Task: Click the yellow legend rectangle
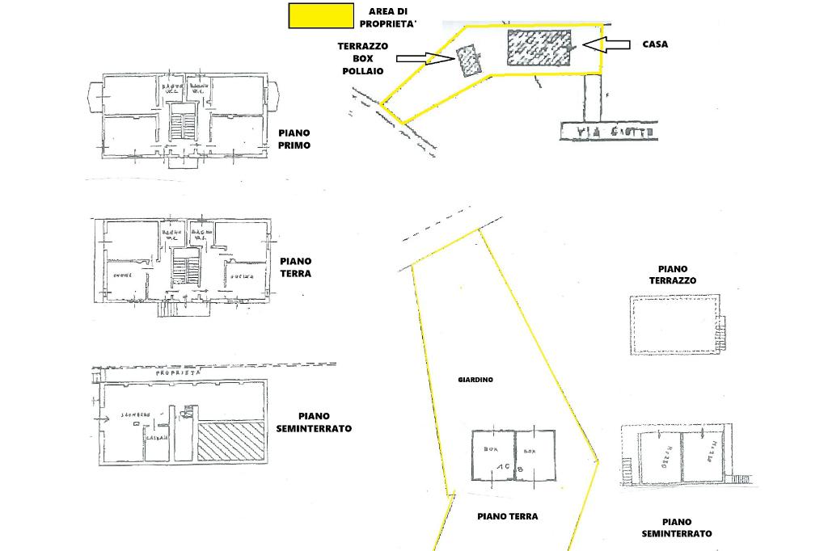pyautogui.click(x=321, y=16)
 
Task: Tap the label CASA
pyautogui.click(x=655, y=44)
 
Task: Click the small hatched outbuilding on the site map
pyautogui.click(x=468, y=61)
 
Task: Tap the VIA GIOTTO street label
pyautogui.click(x=609, y=131)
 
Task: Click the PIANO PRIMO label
pyautogui.click(x=295, y=139)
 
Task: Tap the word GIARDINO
pyautogui.click(x=475, y=379)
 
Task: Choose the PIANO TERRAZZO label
pyautogui.click(x=678, y=275)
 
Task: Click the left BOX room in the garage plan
pyautogui.click(x=492, y=455)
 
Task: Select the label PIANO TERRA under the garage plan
pyautogui.click(x=507, y=516)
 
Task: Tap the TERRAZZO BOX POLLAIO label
pyautogui.click(x=362, y=59)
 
